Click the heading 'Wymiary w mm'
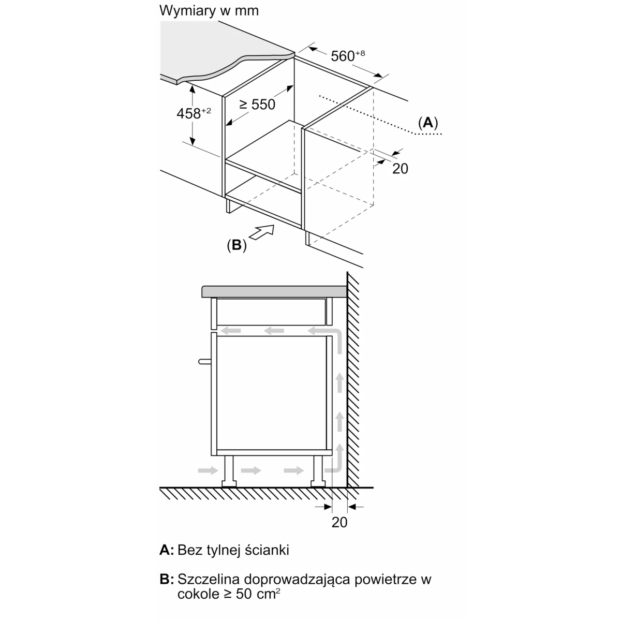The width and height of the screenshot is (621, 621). [x=209, y=11]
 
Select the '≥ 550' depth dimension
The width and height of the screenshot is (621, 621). [x=257, y=105]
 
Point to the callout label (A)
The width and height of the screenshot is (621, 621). [x=427, y=123]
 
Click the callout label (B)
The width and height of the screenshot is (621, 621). [x=236, y=245]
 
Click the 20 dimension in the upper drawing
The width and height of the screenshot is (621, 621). [x=400, y=168]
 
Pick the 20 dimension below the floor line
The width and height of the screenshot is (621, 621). [x=339, y=523]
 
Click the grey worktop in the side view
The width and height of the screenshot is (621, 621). [x=274, y=291]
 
